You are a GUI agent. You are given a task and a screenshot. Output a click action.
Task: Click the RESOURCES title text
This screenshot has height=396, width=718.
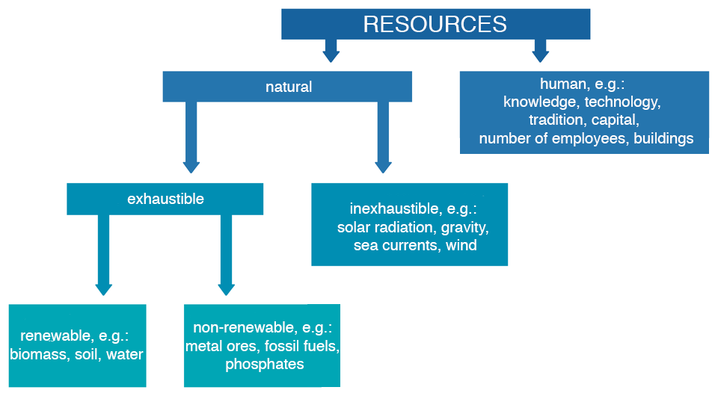coord(435,24)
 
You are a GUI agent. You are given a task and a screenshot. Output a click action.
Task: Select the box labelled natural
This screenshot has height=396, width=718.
coord(288,87)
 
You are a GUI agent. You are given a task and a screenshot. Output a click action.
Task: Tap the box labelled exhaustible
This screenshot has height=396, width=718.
coord(165,199)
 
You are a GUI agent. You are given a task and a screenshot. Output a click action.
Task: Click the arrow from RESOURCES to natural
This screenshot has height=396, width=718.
coord(331,50)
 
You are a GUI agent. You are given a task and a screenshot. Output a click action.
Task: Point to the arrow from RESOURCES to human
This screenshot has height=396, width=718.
coord(540,50)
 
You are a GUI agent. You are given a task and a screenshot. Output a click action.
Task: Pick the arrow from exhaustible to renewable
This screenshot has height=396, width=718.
coord(103,254)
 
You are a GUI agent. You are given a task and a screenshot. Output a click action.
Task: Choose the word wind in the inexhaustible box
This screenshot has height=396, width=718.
coord(461,245)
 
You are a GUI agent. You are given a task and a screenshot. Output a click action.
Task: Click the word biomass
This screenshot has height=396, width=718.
coord(37,354)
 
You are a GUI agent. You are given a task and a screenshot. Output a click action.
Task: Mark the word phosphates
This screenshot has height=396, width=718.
coord(264,365)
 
